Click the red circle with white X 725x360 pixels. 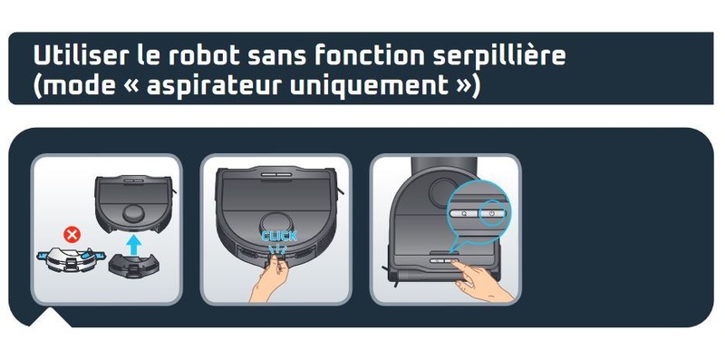pyautogui.click(x=72, y=235)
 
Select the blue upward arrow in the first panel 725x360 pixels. pyautogui.click(x=133, y=245)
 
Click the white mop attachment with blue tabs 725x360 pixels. pyautogui.click(x=71, y=260)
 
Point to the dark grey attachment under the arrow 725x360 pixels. pyautogui.click(x=133, y=267)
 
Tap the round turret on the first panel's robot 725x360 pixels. pyautogui.click(x=132, y=213)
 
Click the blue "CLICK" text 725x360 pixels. pyautogui.click(x=279, y=237)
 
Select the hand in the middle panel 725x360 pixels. pyautogui.click(x=269, y=280)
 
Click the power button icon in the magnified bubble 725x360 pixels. pyautogui.click(x=491, y=213)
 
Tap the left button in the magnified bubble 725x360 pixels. pyautogui.click(x=464, y=213)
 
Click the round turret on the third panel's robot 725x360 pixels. pyautogui.click(x=442, y=192)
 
